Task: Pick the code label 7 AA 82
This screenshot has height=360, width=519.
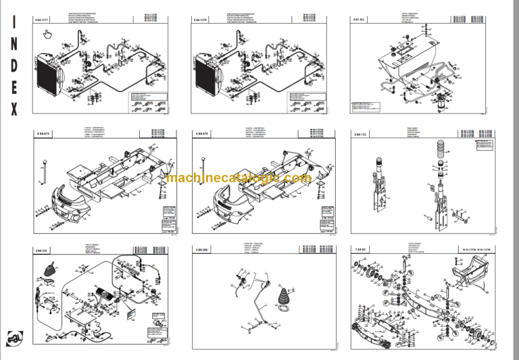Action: pyautogui.click(x=360, y=251)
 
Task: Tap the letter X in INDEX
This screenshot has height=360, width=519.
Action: pyautogui.click(x=15, y=109)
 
